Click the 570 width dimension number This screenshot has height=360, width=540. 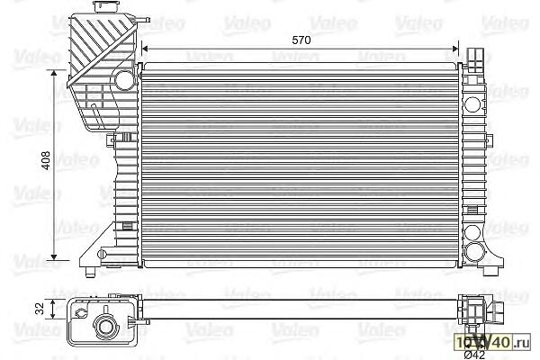point(301,40)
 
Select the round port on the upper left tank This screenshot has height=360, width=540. point(124,79)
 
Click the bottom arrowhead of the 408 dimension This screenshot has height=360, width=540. point(61,258)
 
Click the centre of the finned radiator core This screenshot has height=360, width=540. point(301,162)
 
